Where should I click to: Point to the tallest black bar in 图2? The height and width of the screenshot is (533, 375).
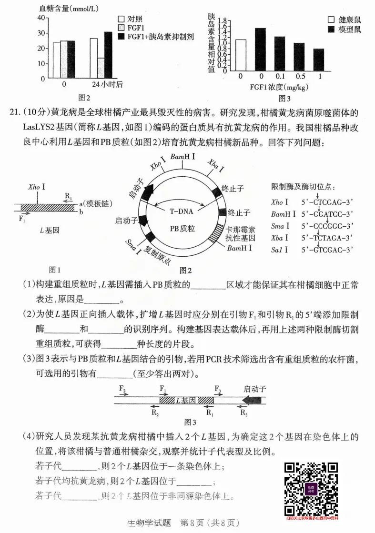click(x=108, y=54)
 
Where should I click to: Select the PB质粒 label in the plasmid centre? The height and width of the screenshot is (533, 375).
click(x=182, y=229)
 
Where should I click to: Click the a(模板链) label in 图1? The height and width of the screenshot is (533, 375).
click(x=95, y=204)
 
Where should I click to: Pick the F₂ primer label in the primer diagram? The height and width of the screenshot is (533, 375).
click(x=122, y=389)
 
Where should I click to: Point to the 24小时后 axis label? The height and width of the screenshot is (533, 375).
click(x=107, y=85)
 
